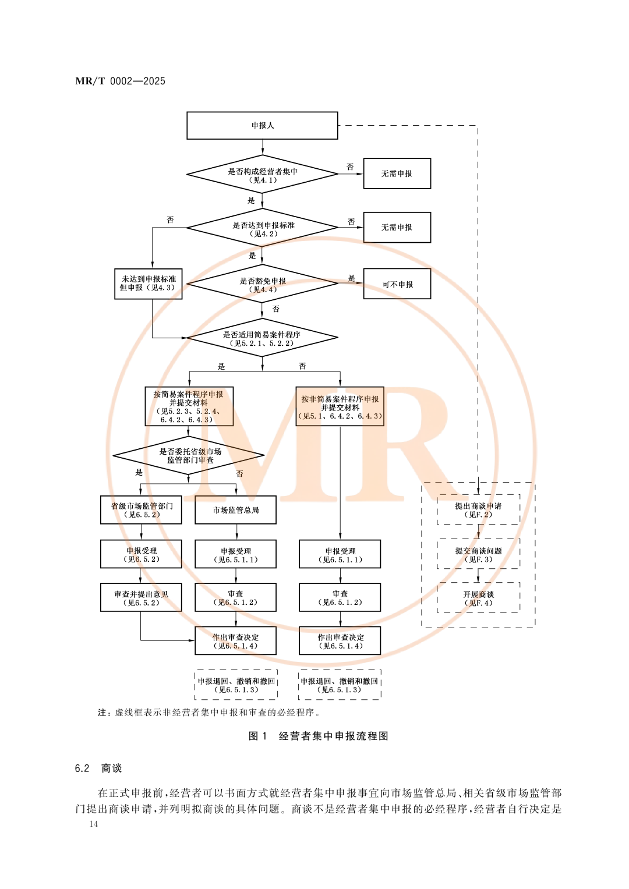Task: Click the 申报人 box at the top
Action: pos(262,125)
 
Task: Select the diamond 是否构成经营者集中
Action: pos(262,175)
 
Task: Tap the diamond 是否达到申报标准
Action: pos(262,228)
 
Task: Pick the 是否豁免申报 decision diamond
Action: pos(262,284)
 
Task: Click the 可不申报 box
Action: pos(397,284)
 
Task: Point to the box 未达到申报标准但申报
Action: pos(148,284)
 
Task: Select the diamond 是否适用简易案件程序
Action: pos(262,338)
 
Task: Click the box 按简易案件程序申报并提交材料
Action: pos(189,406)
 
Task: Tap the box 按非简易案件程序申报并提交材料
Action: pos(340,406)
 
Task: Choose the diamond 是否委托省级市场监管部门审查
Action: pos(189,455)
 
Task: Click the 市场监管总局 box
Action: pos(235,510)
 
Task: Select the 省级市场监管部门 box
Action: pos(141,510)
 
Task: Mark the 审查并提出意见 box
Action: pos(141,598)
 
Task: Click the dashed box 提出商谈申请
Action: pos(478,510)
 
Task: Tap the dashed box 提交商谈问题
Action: pos(478,554)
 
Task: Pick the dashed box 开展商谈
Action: pos(478,598)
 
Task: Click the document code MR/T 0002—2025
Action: pos(121,81)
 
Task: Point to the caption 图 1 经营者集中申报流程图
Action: pos(318,736)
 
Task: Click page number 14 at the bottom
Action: pos(94,824)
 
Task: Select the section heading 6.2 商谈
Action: pos(98,768)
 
